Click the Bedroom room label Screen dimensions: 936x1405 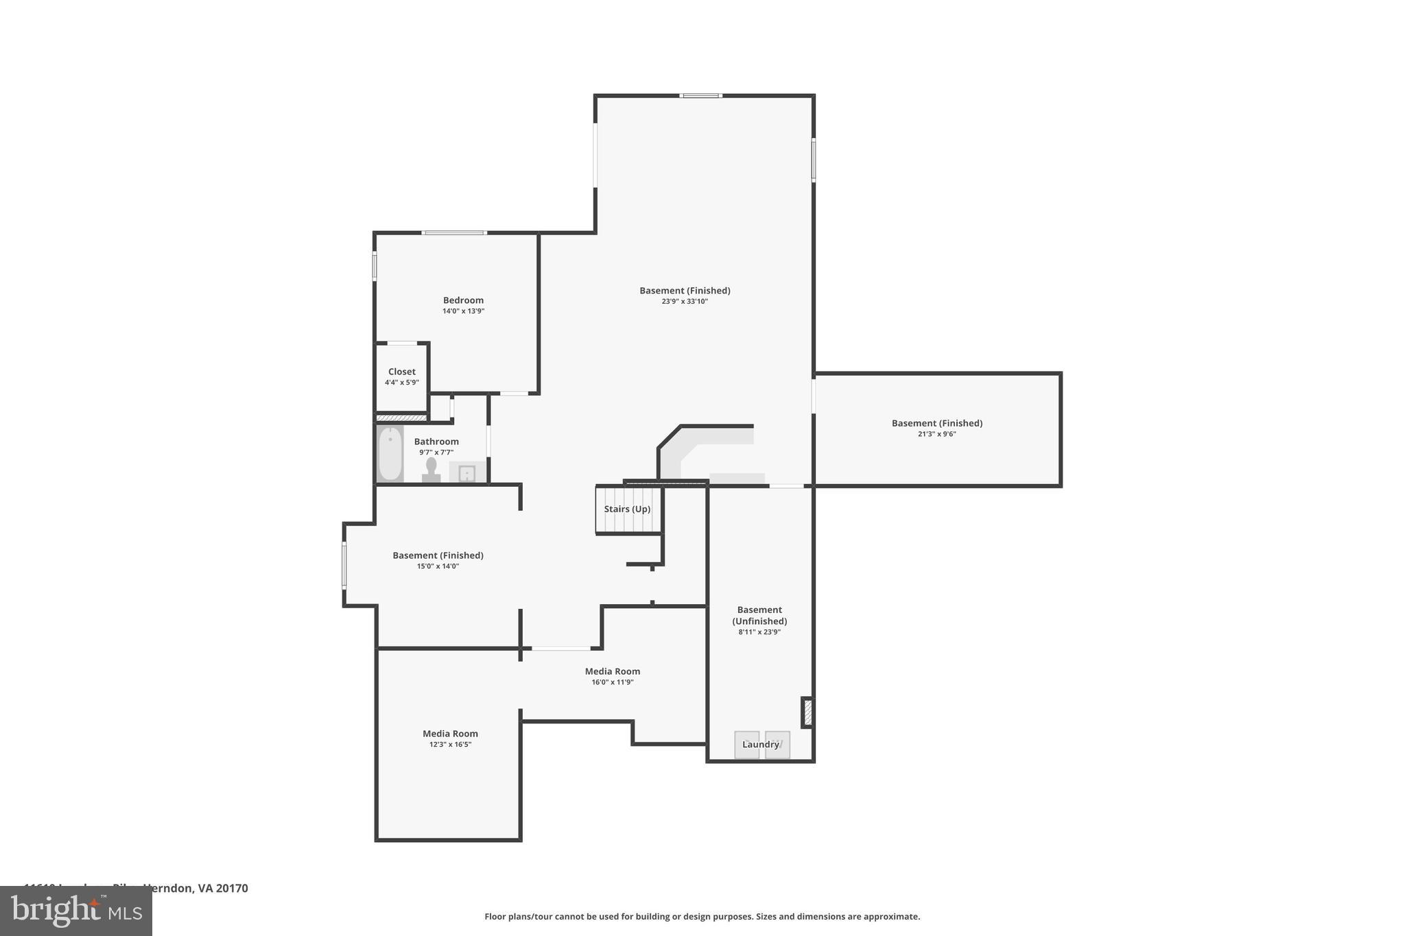pos(463,300)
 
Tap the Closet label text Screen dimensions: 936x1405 pos(401,372)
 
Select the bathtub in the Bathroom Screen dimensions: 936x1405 pos(390,453)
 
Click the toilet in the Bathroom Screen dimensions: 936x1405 pos(431,469)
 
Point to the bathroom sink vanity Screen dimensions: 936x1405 pos(467,473)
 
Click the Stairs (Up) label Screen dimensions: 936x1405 pos(627,509)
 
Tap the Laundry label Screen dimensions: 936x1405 pos(761,745)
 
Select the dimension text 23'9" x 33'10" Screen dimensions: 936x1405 pos(685,301)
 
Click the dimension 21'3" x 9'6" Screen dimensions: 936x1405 pos(936,434)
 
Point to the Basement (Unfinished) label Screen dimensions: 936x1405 pos(759,615)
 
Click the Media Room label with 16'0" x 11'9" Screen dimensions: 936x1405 pos(612,671)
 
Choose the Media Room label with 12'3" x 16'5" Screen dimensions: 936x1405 pos(450,734)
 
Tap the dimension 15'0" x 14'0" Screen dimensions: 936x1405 pos(438,566)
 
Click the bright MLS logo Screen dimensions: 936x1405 pos(76,911)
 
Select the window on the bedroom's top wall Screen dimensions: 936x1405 pos(454,233)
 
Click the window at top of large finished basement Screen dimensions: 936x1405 pos(700,96)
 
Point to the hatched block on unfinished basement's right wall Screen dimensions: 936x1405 pos(807,712)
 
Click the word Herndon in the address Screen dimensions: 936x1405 pos(167,888)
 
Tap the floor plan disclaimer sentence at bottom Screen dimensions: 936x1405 pos(702,916)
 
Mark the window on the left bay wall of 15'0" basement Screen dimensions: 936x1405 pos(344,565)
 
